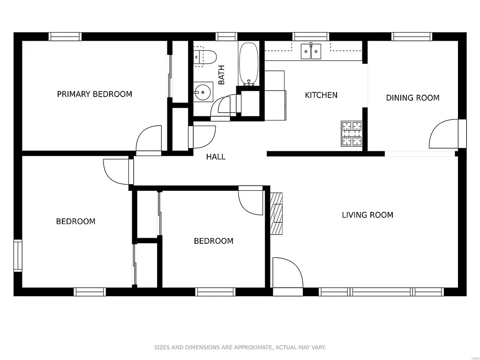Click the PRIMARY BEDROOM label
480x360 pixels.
point(94,94)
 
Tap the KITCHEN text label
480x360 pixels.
point(321,95)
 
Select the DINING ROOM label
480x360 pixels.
point(412,98)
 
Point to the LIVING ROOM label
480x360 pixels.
point(367,215)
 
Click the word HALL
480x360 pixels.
point(216,157)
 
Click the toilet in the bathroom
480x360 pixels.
point(205,57)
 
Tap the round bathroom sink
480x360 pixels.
point(203,92)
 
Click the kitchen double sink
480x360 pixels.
point(311,51)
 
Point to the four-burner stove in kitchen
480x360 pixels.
point(352,133)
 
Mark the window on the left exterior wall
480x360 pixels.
point(18,255)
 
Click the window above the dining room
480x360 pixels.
point(412,37)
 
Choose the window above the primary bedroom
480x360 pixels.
point(65,37)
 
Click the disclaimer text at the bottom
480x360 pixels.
point(240,347)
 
